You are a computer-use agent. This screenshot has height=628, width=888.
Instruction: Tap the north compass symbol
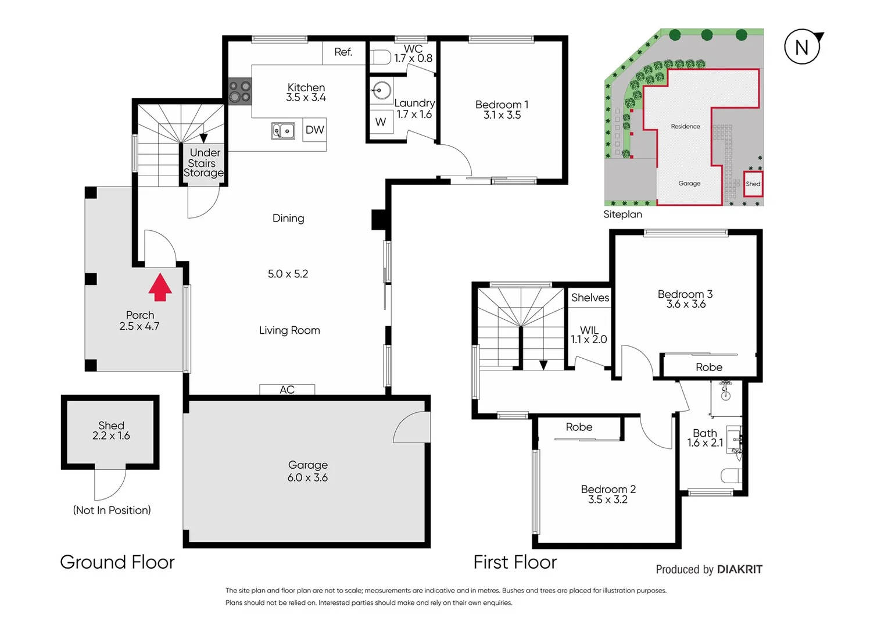[803, 47]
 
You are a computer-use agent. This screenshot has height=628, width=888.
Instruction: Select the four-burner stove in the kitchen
[239, 92]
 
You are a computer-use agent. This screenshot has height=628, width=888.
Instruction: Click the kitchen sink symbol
[283, 131]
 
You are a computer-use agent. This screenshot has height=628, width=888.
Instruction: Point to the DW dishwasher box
[315, 130]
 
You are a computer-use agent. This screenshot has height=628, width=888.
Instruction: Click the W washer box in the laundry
[381, 122]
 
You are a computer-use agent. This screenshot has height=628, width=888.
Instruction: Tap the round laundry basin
[382, 91]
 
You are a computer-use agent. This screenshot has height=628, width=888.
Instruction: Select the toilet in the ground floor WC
[381, 57]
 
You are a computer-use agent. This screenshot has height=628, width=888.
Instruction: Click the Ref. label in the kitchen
[343, 52]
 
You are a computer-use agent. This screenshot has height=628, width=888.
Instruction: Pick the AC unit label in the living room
[287, 390]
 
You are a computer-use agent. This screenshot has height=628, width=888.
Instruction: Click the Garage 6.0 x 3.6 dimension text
[307, 477]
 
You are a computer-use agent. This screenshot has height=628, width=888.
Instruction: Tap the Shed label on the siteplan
[753, 184]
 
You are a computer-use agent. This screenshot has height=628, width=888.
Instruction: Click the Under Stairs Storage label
[204, 163]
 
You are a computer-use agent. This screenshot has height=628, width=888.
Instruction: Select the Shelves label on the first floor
[590, 298]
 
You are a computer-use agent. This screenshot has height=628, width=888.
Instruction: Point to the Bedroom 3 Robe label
[709, 367]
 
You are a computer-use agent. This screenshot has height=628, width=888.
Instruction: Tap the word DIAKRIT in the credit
[740, 569]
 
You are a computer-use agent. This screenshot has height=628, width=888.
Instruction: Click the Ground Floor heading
[117, 562]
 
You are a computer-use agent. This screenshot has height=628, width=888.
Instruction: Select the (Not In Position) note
[112, 510]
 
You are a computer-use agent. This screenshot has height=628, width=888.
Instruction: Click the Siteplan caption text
[622, 215]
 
